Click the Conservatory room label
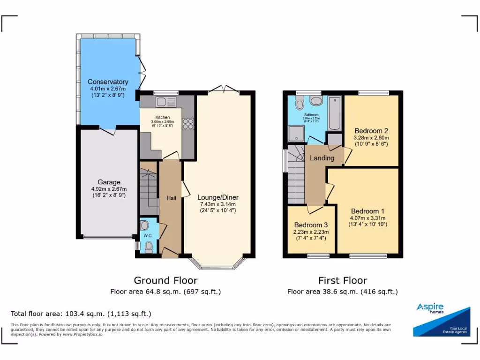(108, 82)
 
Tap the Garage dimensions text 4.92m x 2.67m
(109, 189)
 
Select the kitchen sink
(166, 102)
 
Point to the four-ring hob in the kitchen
(188, 124)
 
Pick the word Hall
(172, 198)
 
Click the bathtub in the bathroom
(334, 113)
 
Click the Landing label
(322, 158)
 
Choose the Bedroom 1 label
(367, 211)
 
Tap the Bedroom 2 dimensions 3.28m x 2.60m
(371, 138)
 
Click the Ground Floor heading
(165, 280)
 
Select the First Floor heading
(343, 280)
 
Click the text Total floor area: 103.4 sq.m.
(81, 314)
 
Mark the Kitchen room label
(163, 117)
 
